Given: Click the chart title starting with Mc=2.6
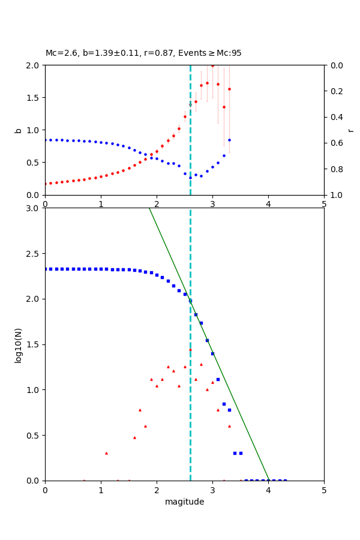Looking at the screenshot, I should point(143,53).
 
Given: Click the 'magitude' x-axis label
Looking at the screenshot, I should point(184,502).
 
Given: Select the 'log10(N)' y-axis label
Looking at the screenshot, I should point(18,344).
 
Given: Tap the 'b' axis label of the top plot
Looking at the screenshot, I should point(18,130).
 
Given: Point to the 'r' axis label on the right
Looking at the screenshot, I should point(350,130).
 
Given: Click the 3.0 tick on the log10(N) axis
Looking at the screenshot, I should point(34,208).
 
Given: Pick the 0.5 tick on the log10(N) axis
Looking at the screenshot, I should point(34,435).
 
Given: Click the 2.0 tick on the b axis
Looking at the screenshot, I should point(34,65).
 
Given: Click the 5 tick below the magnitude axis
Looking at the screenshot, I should point(324,490).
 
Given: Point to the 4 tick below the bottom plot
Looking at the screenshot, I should point(268,490).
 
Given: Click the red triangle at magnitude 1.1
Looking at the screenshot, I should point(106,453).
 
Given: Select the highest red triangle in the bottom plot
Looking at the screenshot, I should point(190,350).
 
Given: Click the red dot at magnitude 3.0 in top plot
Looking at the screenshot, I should point(212,65).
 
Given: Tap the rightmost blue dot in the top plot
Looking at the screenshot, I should point(229,140).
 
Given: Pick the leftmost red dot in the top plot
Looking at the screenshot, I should point(45,184).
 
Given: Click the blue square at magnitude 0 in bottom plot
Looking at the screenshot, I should point(45,269).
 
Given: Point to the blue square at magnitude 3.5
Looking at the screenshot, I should point(241,453).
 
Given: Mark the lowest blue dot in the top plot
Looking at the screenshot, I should point(190,178).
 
